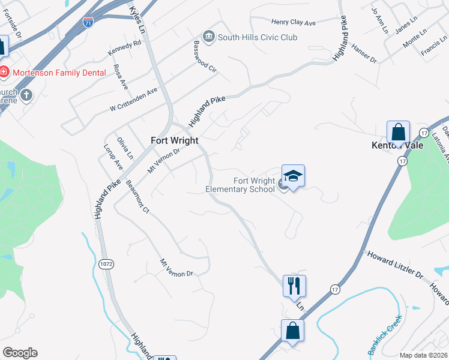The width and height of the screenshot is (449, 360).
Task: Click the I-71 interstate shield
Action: pos(88,22)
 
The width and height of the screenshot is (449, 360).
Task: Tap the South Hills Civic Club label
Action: pos(258,37)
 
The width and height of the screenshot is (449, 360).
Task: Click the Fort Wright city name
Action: pos(174,140)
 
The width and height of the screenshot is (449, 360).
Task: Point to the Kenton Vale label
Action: pos(397,145)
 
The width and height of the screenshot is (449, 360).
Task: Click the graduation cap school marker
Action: pos(293,176)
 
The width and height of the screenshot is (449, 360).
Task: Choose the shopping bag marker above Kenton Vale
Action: pos(398,131)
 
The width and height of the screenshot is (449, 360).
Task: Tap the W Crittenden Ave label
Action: pos(133,100)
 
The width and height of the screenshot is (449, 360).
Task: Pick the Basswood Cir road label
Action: pos(205,57)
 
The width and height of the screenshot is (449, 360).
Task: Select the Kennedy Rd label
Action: pos(124,47)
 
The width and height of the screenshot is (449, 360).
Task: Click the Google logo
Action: pos(20,353)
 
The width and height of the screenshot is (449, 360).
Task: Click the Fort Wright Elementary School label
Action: pos(240,185)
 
